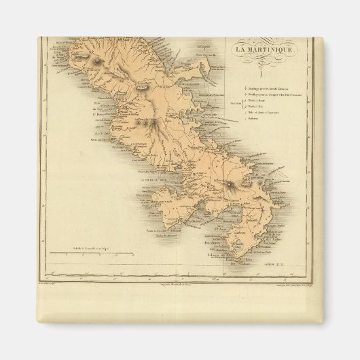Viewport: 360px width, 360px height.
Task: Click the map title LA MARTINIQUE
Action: [x=266, y=50]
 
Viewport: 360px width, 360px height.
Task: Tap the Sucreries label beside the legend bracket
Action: [x=236, y=104]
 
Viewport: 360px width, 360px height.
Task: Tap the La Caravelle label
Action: [x=204, y=39]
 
